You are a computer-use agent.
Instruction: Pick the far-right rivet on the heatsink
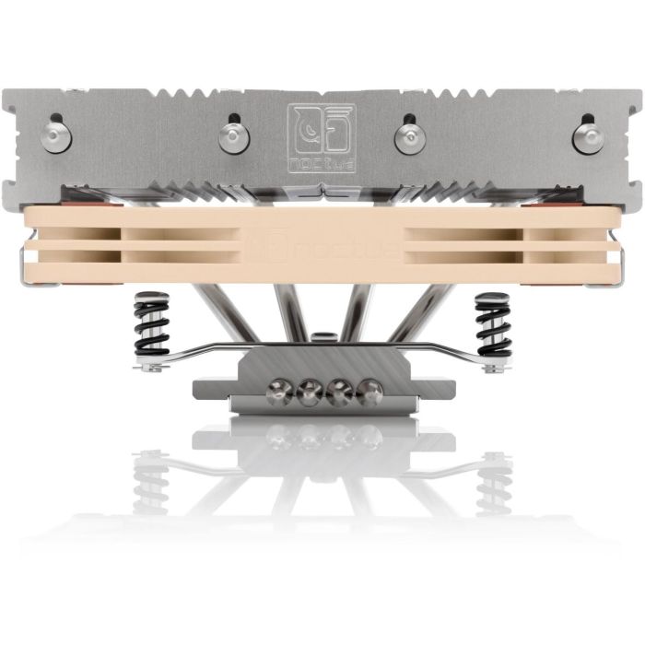587,136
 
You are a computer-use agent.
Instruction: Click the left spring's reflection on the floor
151,479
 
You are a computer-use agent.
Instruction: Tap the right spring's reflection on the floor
494,479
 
